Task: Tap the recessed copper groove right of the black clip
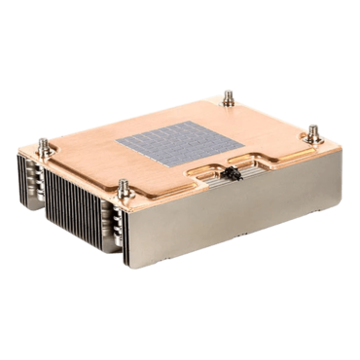point(268,162)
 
